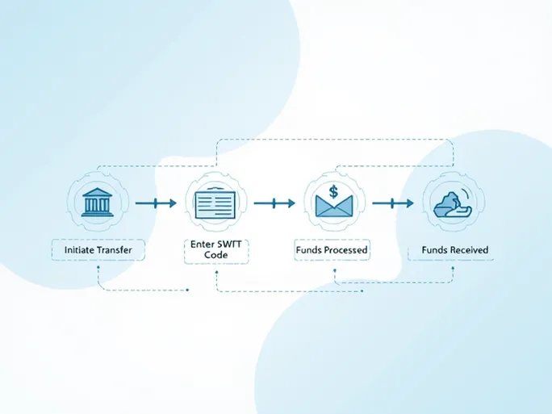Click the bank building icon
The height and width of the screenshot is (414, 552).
(98, 202)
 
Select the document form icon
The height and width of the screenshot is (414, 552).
(215, 202)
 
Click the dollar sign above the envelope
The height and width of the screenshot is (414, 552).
(333, 192)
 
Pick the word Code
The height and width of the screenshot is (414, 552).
(215, 255)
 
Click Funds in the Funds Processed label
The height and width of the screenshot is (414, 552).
(312, 250)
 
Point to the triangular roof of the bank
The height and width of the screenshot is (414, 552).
(98, 191)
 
